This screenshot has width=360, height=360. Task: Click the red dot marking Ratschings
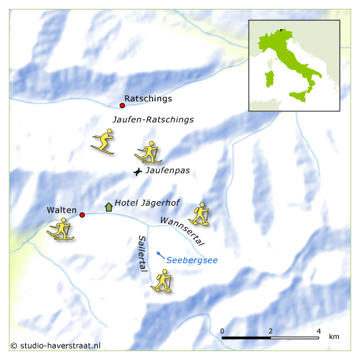coord(122,105)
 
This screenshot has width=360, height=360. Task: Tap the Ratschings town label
coord(144,98)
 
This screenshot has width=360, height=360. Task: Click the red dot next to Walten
coord(82,215)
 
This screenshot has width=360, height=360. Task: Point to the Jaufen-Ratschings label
coord(153,119)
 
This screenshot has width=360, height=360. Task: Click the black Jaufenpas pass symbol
coord(138,173)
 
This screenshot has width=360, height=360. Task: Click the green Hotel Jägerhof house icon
coord(108,206)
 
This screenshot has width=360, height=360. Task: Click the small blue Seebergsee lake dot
coord(158,254)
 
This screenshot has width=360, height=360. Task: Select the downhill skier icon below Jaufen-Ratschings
coord(103,142)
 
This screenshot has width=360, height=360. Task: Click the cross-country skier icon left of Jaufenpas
coord(149,153)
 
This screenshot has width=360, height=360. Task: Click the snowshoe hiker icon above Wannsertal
coord(199,213)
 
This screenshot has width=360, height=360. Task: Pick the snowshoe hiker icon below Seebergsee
coord(162,281)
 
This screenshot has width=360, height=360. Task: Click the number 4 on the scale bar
coord(319,331)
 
